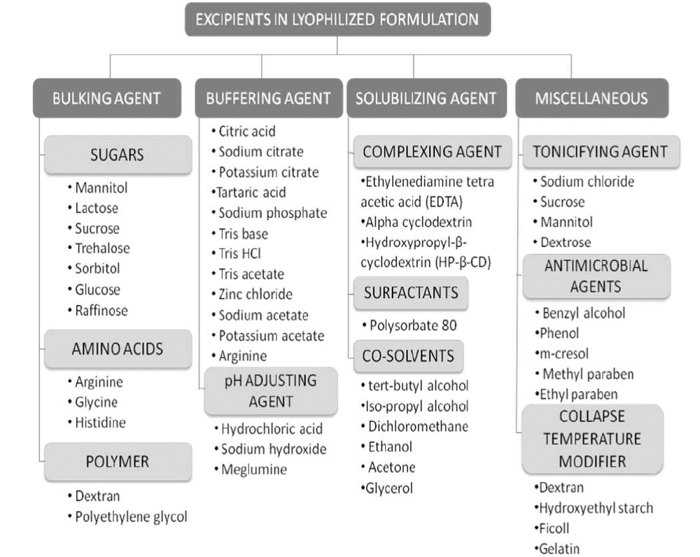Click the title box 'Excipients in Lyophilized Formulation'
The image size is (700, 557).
[337, 19]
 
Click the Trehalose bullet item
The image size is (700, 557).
[102, 248]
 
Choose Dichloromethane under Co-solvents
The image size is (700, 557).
[417, 426]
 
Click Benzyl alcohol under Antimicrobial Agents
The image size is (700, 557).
[583, 313]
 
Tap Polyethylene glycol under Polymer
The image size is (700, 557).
[131, 517]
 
